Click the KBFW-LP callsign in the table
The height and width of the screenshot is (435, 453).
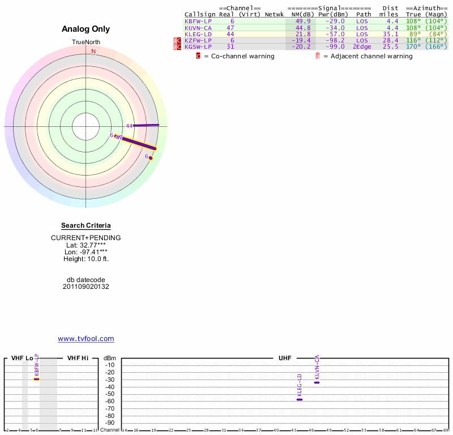[198, 21]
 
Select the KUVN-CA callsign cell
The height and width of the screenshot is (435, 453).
[198, 27]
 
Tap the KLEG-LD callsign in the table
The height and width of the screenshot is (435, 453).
[198, 34]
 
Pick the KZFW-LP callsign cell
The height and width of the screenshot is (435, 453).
[198, 40]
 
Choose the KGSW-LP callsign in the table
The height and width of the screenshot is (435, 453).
[198, 46]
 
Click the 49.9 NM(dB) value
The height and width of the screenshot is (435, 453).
[302, 21]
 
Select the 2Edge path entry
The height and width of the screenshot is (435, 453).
[362, 46]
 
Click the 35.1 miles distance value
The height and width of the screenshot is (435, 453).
[391, 34]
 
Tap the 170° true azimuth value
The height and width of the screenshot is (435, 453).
[413, 46]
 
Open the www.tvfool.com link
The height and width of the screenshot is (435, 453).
[86, 339]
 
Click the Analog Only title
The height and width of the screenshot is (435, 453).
[86, 29]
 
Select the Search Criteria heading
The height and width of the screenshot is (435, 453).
[86, 225]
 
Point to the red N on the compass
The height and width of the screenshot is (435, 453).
[93, 51]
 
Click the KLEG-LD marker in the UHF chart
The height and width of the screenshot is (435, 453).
[300, 399]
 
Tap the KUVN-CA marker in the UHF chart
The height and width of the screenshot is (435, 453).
[317, 382]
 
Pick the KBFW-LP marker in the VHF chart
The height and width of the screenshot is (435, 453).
[36, 379]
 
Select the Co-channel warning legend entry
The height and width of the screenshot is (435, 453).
[234, 56]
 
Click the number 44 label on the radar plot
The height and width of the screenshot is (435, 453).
[129, 126]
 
